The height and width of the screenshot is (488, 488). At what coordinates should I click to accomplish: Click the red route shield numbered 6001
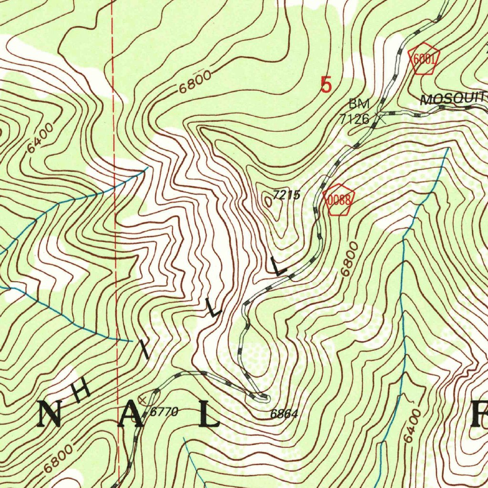423,59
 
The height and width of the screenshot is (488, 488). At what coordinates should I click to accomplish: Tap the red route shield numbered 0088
339,200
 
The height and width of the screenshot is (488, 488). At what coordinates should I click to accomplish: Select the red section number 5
326,85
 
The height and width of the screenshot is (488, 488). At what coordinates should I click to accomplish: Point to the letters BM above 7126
359,103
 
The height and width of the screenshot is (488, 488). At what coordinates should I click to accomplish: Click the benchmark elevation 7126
355,119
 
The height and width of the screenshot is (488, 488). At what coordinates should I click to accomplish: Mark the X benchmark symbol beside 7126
380,115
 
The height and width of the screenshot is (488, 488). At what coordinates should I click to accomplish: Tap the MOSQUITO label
453,99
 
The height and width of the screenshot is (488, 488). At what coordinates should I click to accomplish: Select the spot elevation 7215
286,194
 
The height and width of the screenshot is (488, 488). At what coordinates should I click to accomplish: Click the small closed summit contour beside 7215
268,202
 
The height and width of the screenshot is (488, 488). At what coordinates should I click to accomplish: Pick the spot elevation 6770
164,412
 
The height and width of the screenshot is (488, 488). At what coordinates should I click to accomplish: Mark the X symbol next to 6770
142,397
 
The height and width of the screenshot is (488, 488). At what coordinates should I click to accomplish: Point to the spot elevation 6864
284,414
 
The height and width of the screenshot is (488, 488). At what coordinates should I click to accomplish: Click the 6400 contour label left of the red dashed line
41,139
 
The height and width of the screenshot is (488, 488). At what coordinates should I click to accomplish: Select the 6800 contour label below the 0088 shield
349,260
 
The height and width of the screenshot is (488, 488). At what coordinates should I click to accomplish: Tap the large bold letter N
49,413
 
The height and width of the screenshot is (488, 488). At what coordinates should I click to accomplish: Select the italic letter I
145,352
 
